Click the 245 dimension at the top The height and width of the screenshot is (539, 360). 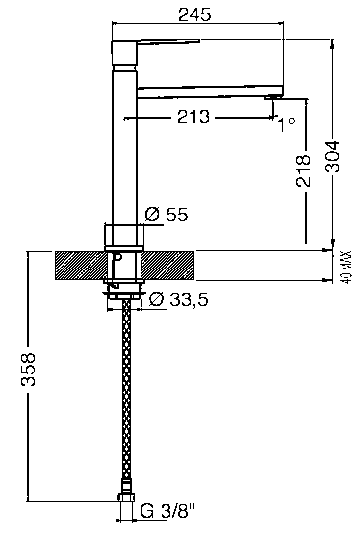pyautogui.click(x=194, y=14)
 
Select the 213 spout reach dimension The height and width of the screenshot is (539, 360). pyautogui.click(x=193, y=116)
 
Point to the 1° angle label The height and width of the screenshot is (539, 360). pyautogui.click(x=286, y=125)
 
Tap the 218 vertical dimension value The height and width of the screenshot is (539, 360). pyautogui.click(x=303, y=170)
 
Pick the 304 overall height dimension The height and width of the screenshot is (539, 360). pyautogui.click(x=332, y=156)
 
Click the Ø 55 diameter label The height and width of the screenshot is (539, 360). pyautogui.click(x=167, y=215)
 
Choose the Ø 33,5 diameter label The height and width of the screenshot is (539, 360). pyautogui.click(x=178, y=299)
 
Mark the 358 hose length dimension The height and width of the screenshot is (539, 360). pyautogui.click(x=28, y=370)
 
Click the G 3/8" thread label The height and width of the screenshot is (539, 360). pyautogui.click(x=168, y=511)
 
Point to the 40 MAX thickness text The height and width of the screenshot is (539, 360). pyautogui.click(x=347, y=267)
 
